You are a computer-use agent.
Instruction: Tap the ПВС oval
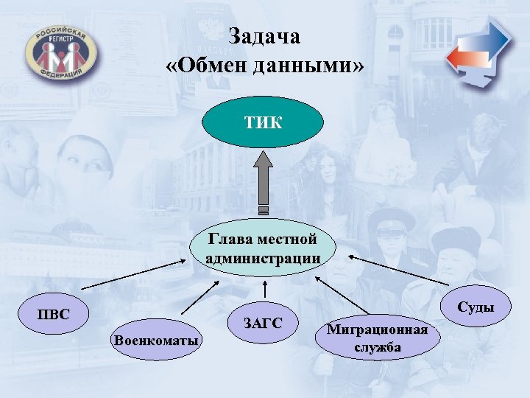(x=54, y=315)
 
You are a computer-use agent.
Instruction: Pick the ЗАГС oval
(x=263, y=321)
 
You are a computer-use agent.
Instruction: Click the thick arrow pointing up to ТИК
(x=263, y=184)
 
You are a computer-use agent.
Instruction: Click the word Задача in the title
(x=264, y=36)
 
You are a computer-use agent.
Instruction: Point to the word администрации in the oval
(x=263, y=258)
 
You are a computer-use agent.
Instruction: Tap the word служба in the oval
(x=377, y=347)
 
